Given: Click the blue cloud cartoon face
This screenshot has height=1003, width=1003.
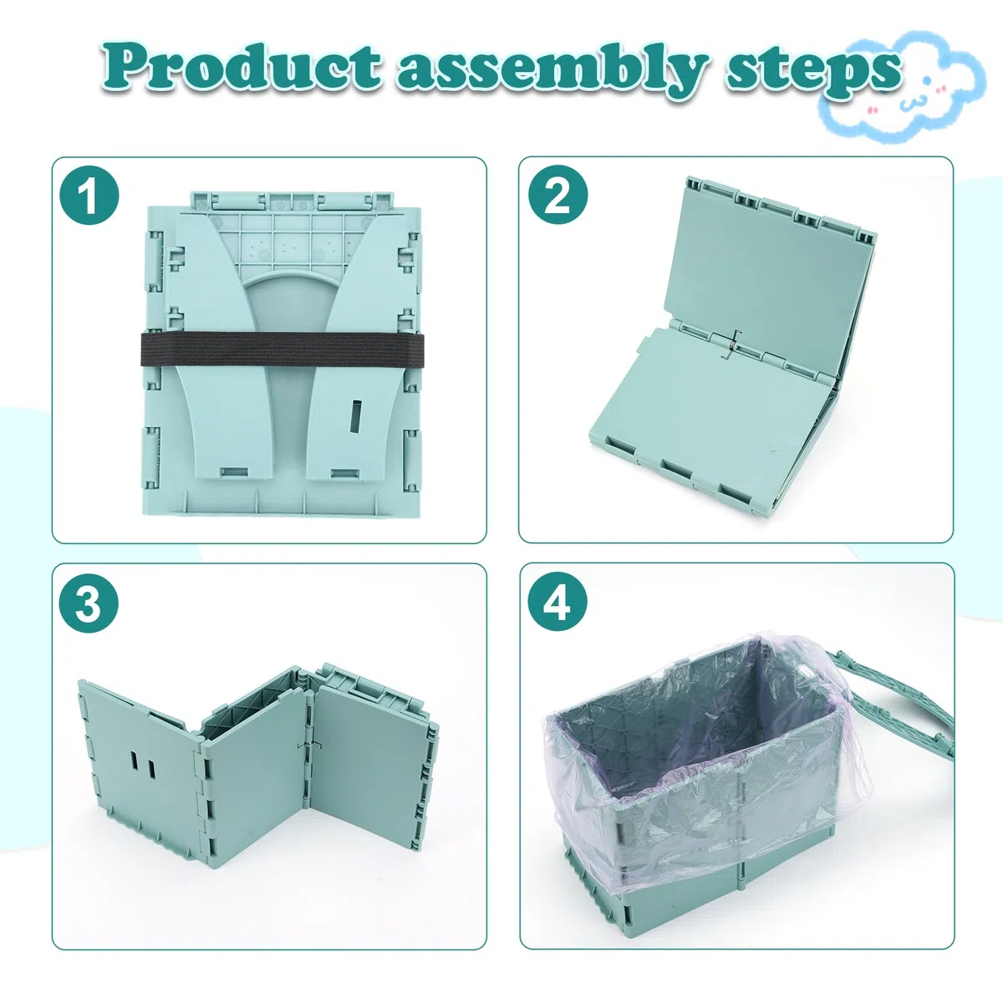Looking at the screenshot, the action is pos(903,86).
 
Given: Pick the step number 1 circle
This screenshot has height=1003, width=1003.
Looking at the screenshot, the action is pos(89,196).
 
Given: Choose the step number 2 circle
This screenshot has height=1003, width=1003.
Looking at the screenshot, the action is pos(558,196).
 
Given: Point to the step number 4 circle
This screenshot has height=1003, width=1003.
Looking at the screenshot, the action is pos(558,603).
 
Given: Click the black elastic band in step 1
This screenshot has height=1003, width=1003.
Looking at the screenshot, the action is pos(283,349).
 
